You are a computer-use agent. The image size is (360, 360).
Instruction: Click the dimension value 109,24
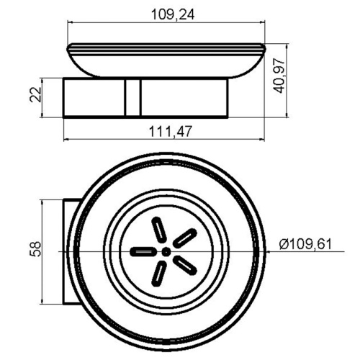(173, 14)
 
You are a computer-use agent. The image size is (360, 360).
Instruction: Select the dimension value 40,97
(279, 76)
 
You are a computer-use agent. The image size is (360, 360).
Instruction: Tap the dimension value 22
(35, 94)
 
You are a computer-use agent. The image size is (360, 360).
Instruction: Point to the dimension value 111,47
(171, 131)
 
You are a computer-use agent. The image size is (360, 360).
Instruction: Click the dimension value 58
(35, 250)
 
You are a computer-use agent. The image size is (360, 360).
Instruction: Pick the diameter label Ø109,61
(305, 244)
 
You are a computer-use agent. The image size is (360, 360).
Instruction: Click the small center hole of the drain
(166, 252)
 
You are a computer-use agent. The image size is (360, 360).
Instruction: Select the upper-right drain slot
(185, 238)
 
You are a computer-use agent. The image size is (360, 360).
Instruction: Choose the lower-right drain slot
(185, 265)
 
